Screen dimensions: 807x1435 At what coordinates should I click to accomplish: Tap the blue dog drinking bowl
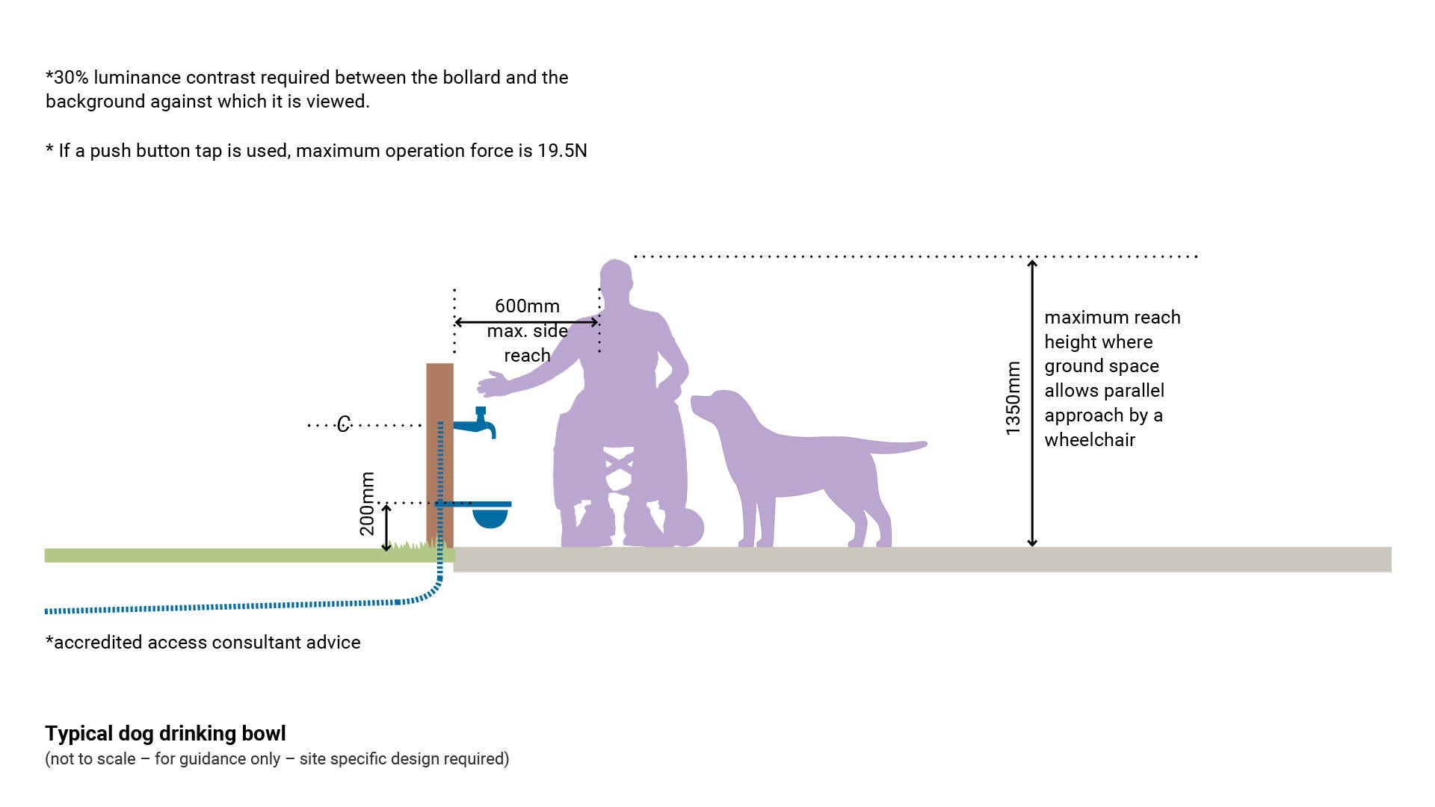point(490,516)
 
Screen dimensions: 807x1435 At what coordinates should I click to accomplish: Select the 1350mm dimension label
point(1013,398)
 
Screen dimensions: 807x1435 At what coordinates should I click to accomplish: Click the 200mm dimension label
point(367,504)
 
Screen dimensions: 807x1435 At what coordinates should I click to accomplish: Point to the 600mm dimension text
point(527,306)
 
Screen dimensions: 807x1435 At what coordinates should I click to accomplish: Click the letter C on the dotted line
point(343,424)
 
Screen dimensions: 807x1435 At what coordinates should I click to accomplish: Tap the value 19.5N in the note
point(562,151)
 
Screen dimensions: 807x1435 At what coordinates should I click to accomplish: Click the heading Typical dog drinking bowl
point(165,733)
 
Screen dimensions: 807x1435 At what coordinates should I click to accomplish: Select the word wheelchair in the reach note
point(1090,439)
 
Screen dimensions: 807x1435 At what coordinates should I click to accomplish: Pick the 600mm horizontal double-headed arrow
point(526,322)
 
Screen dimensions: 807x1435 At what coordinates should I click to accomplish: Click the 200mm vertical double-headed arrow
point(386,528)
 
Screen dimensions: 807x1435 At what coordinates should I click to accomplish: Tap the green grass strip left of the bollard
point(224,555)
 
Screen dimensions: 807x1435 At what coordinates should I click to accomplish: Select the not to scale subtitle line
point(277,759)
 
